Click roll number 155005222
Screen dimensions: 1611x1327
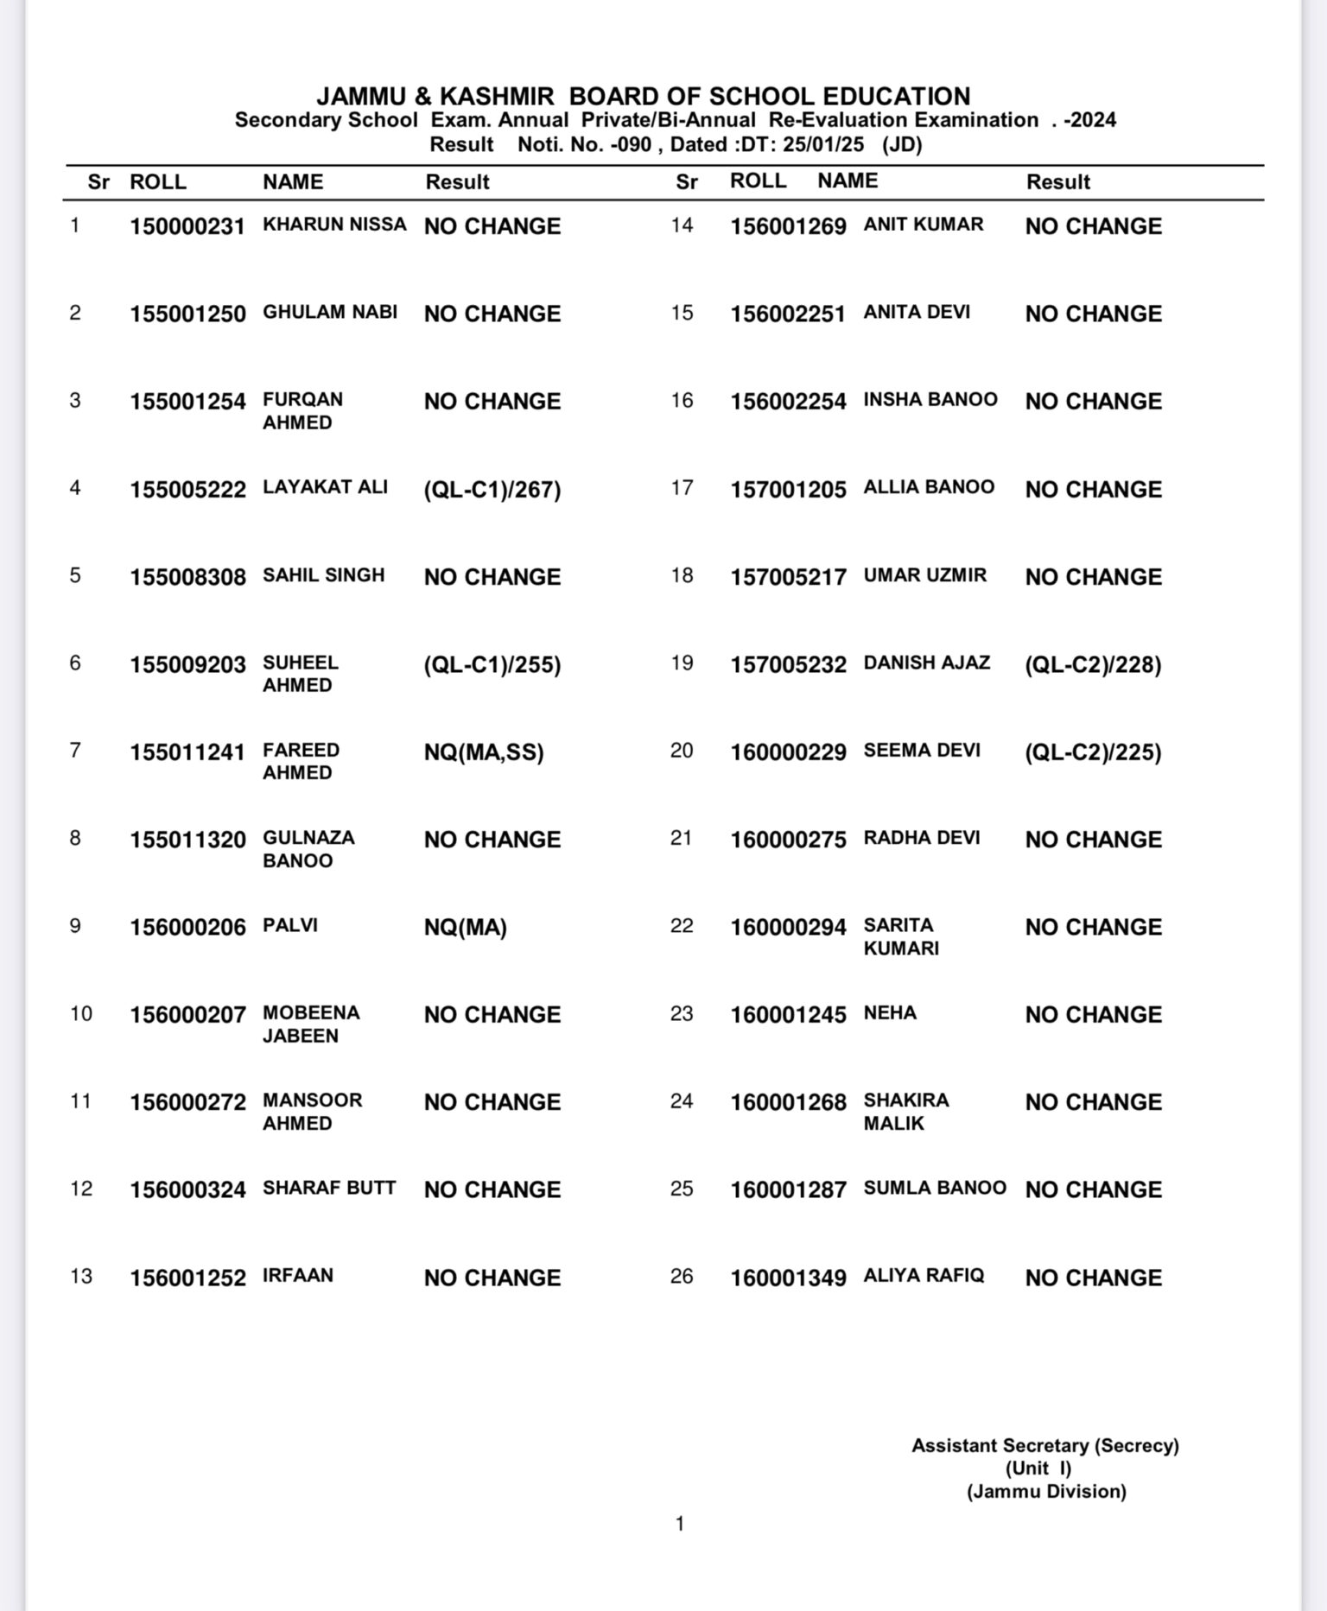[187, 490]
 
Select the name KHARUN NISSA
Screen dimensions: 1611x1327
[334, 225]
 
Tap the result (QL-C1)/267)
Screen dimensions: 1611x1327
[492, 490]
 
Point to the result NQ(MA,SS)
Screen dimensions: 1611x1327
[483, 752]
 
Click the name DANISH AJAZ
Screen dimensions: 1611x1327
[926, 663]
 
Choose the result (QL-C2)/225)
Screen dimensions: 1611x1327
[1092, 752]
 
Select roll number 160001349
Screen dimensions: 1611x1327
[788, 1278]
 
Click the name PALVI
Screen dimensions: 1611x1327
[290, 925]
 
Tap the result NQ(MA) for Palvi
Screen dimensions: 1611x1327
[465, 928]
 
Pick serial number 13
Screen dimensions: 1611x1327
[81, 1276]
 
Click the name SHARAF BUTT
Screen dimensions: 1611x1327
[329, 1188]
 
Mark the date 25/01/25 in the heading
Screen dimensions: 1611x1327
[822, 144]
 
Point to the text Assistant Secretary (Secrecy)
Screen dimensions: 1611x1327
[1044, 1445]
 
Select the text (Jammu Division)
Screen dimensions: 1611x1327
[1045, 1491]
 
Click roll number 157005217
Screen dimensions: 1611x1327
[788, 577]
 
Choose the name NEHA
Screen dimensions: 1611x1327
[890, 1012]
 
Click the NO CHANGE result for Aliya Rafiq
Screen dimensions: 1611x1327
[1093, 1278]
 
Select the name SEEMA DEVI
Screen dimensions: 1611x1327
[921, 750]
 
